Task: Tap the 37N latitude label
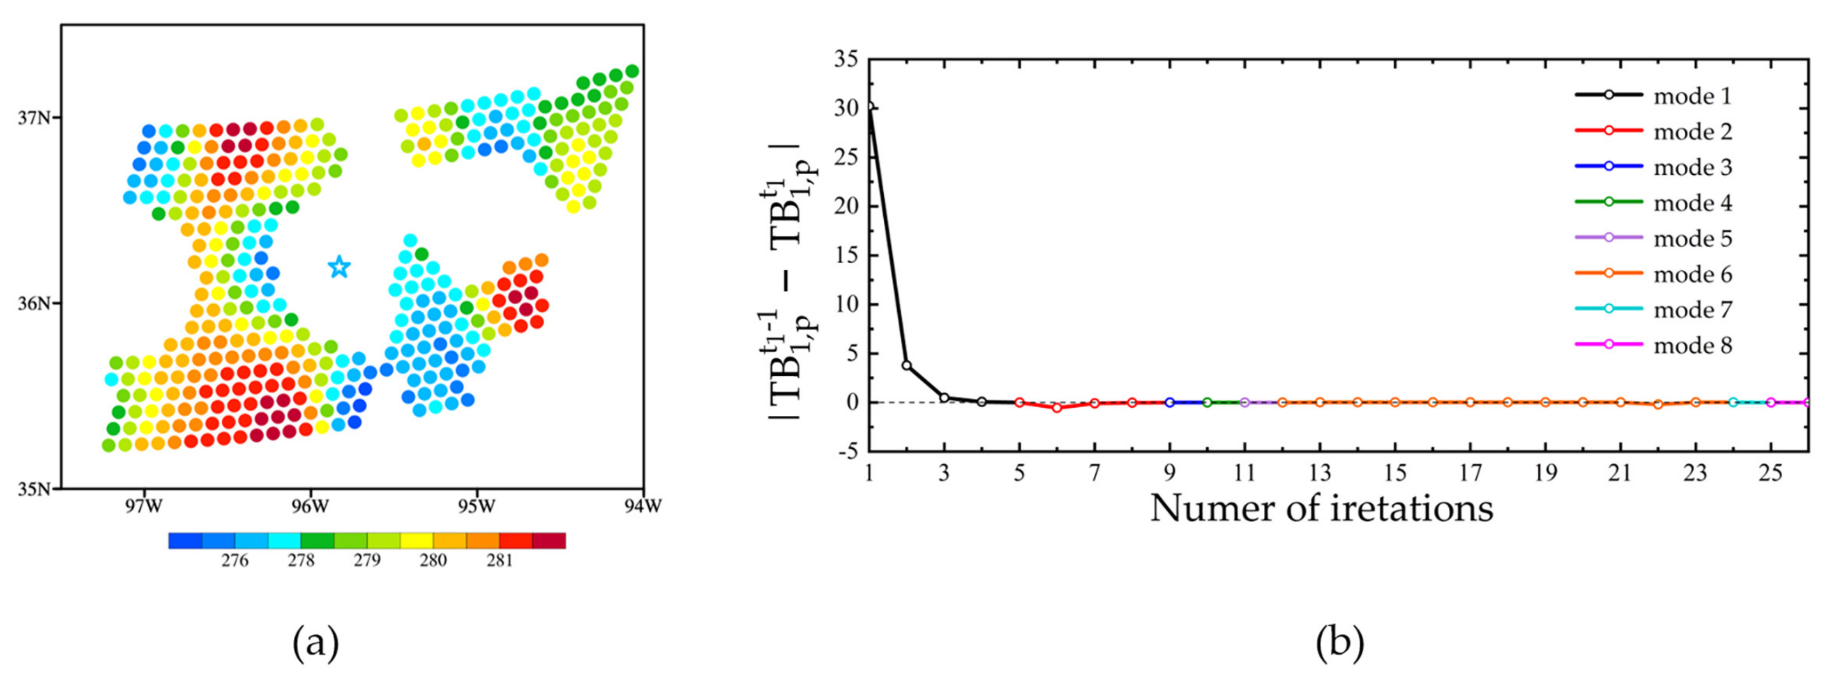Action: pos(34,117)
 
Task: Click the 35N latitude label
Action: pos(34,489)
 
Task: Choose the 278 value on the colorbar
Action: pos(301,560)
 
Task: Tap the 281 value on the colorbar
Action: pos(500,560)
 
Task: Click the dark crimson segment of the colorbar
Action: pos(549,540)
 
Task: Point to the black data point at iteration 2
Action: pos(906,365)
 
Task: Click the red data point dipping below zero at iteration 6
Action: pos(1057,408)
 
